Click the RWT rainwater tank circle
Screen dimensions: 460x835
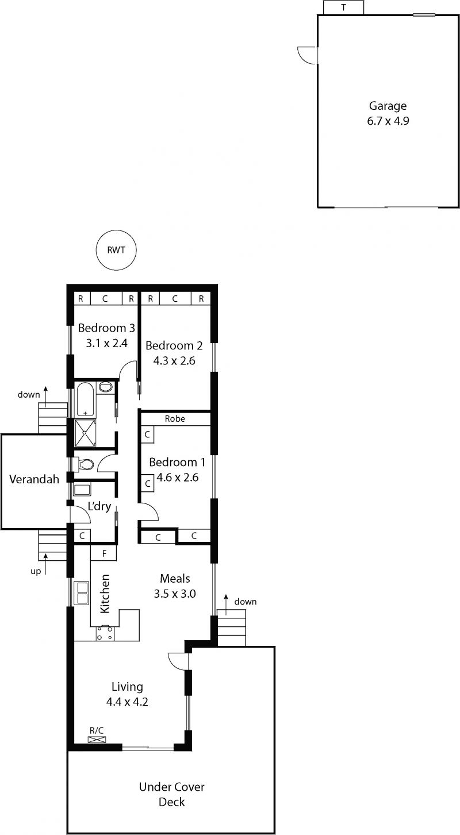[116, 249]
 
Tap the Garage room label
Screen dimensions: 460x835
[388, 106]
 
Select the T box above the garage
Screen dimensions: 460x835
[343, 7]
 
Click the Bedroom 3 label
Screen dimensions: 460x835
[106, 328]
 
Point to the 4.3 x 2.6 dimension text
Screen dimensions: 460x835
[174, 360]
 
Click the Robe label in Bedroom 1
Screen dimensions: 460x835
[175, 418]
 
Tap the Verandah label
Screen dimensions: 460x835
[34, 479]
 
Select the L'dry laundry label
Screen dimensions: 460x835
[99, 506]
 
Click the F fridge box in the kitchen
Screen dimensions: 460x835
[103, 553]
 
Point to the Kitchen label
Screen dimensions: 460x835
[105, 594]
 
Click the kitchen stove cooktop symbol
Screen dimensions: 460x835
[106, 633]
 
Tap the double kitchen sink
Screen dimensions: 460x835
[81, 592]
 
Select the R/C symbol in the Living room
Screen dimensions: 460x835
[97, 740]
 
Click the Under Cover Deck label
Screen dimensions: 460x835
[171, 794]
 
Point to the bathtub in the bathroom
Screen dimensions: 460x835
[85, 399]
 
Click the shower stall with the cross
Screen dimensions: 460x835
[85, 433]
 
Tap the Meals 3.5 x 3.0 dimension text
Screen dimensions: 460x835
[175, 594]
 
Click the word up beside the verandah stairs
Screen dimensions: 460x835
[36, 571]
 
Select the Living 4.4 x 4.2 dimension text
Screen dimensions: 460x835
[127, 702]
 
